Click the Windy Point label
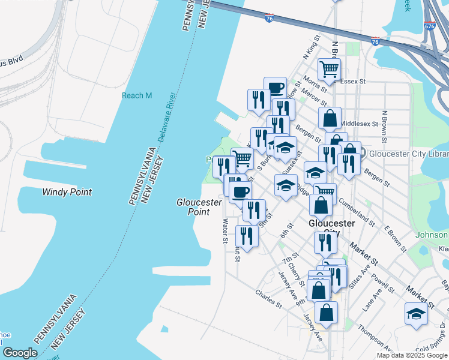(67, 192)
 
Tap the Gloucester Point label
(193, 207)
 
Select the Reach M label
(137, 95)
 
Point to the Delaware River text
(166, 117)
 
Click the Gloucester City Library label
(408, 153)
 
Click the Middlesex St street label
(360, 124)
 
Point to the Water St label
(226, 230)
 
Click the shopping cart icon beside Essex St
(329, 69)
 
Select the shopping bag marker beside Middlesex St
(330, 118)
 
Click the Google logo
(19, 353)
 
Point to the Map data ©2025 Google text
(412, 355)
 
